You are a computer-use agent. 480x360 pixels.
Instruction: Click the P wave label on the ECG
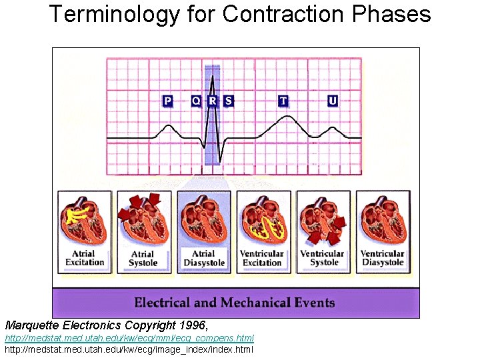pos(167,101)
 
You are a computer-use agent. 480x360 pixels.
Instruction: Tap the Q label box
pos(196,101)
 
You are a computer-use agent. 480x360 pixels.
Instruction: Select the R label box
pos(213,101)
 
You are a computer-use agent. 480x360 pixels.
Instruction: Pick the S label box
pos(229,101)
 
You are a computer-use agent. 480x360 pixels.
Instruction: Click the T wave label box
pos(283,101)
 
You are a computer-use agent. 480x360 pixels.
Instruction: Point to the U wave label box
pos(333,101)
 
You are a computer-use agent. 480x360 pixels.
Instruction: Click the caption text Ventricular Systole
pos(323,258)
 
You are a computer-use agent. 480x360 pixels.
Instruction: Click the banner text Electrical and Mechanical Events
pos(234,303)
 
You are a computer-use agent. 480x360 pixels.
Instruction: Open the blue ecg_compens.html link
pos(129,339)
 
